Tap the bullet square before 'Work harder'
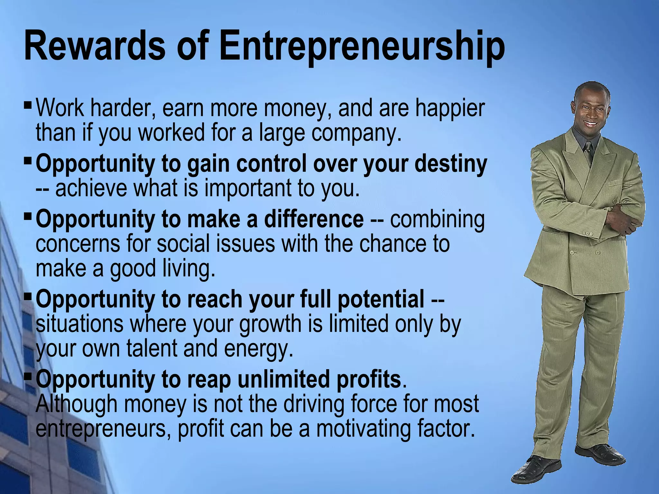coord(28,105)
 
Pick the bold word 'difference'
coord(314,219)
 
